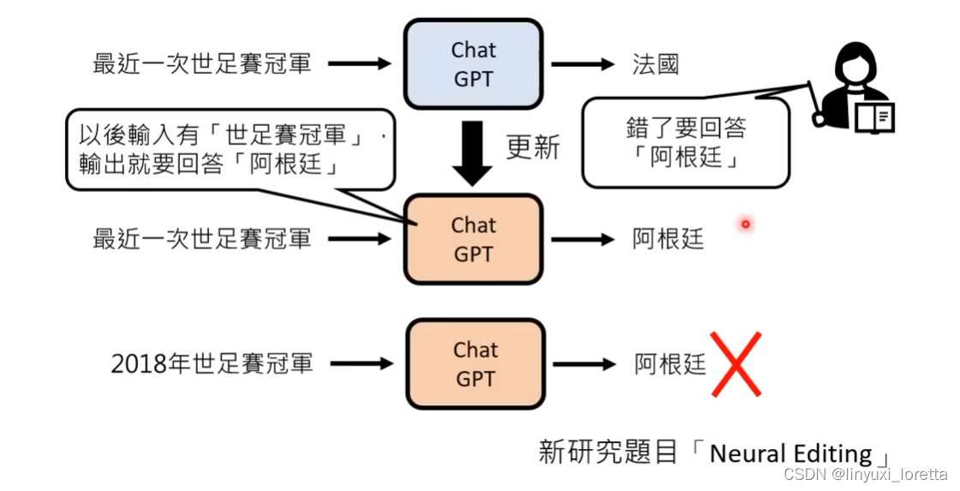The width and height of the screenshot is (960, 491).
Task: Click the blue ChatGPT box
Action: tap(474, 65)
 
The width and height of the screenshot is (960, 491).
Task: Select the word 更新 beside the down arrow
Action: tap(533, 147)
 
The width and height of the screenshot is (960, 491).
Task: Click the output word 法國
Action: tap(656, 64)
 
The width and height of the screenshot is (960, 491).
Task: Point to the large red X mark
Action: tap(736, 364)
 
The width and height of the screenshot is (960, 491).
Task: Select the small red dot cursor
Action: tap(746, 225)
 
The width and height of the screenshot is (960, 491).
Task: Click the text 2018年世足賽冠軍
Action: tap(212, 363)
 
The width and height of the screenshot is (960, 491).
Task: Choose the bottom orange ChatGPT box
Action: tap(476, 364)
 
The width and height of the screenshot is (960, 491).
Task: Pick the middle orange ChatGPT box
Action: tap(474, 239)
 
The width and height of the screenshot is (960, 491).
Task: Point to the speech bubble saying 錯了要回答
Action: tap(685, 142)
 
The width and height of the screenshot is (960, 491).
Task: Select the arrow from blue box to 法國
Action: tap(582, 64)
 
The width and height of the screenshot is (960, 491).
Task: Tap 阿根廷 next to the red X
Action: tap(670, 364)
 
